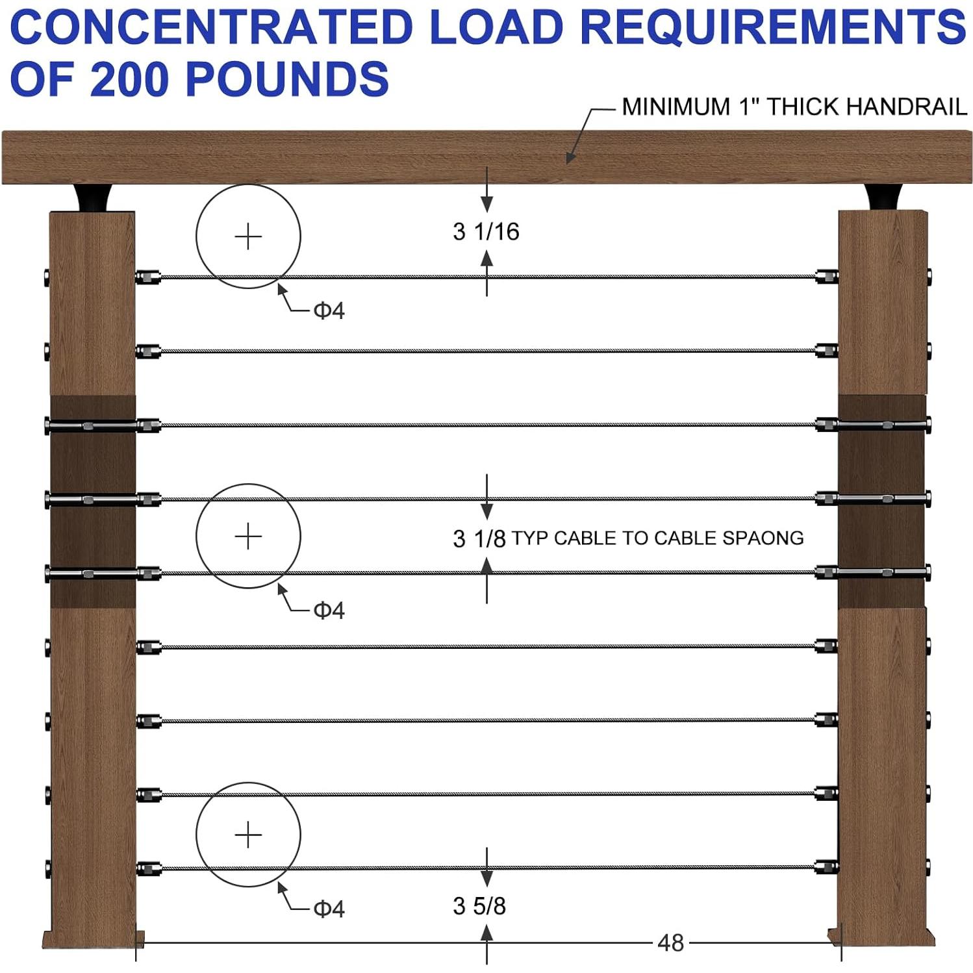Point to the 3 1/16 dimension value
tap(486, 232)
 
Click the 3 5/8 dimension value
tap(479, 906)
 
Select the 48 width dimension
tap(670, 942)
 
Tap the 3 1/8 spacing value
tap(479, 538)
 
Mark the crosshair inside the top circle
tap(248, 236)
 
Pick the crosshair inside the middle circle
tap(248, 537)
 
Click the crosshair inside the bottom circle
tap(248, 835)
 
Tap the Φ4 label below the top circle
tap(329, 311)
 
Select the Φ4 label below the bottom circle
tap(329, 909)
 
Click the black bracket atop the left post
tap(92, 198)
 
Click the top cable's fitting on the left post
tap(149, 277)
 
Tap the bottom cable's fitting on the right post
tap(826, 867)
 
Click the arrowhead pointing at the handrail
tap(570, 158)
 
